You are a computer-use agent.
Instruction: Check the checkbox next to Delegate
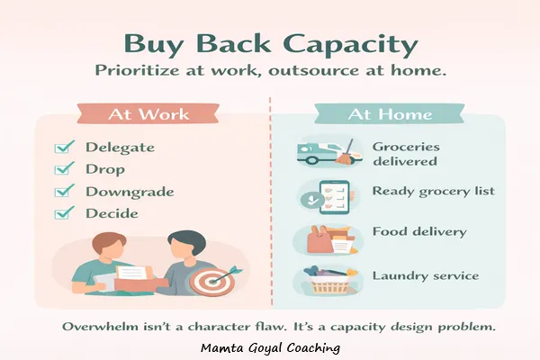(64, 148)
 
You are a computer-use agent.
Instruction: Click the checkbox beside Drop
(64, 169)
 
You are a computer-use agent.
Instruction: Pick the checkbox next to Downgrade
(64, 192)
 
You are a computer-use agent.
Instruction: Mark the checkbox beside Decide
(64, 213)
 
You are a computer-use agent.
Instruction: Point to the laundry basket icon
(325, 281)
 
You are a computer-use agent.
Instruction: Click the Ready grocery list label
(432, 192)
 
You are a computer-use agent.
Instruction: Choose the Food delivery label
(419, 232)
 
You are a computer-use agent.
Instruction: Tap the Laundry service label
(425, 276)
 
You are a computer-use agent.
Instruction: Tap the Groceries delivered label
(404, 154)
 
